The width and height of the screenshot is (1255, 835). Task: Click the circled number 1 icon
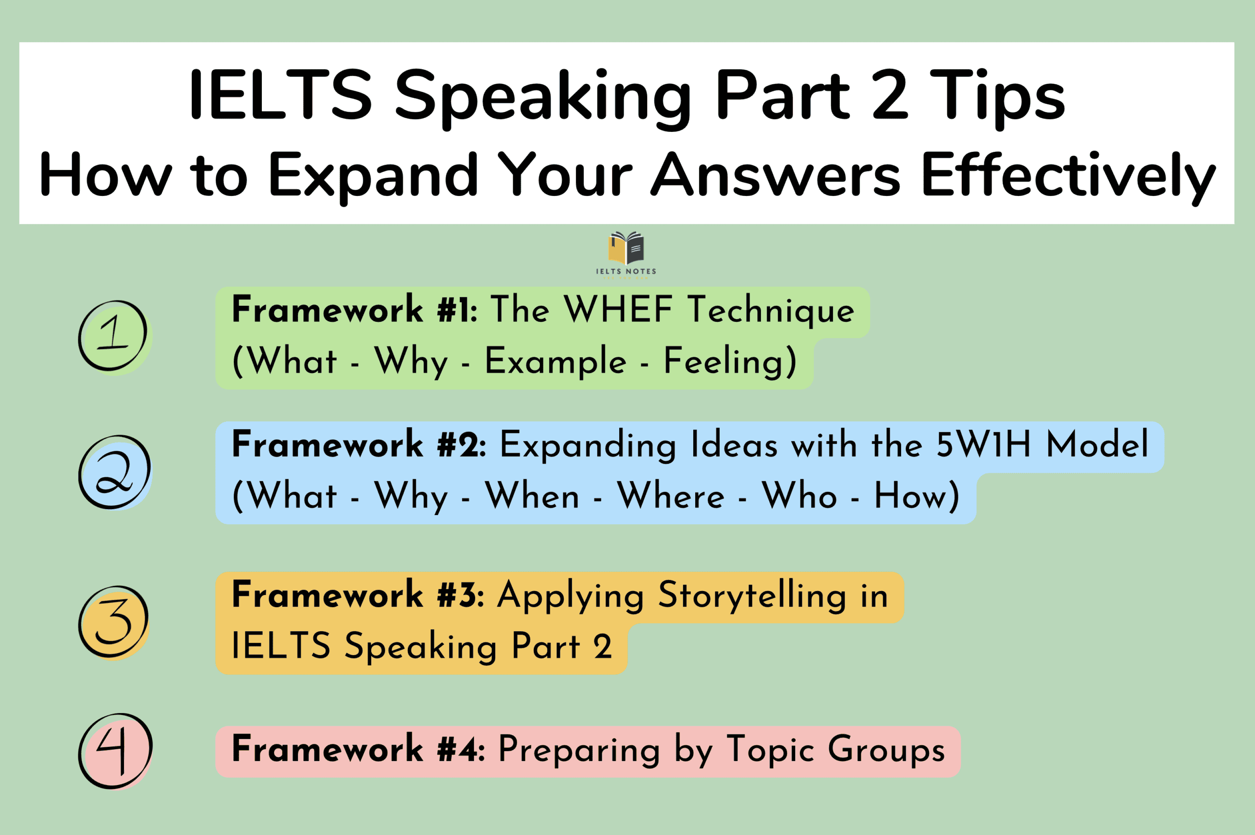pyautogui.click(x=113, y=336)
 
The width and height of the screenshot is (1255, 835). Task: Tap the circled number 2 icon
pyautogui.click(x=114, y=472)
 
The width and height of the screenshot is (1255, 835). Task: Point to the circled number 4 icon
pyautogui.click(x=115, y=751)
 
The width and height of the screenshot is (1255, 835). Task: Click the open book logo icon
pyautogui.click(x=627, y=247)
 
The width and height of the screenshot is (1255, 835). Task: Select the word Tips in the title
pyautogui.click(x=997, y=96)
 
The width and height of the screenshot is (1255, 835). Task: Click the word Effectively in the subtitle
pyautogui.click(x=1068, y=174)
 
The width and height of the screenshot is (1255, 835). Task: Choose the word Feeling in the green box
pyautogui.click(x=730, y=361)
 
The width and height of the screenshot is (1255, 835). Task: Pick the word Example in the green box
pyautogui.click(x=555, y=361)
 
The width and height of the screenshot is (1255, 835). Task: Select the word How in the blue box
pyautogui.click(x=916, y=496)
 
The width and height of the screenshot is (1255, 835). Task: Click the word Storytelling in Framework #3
pyautogui.click(x=752, y=595)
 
